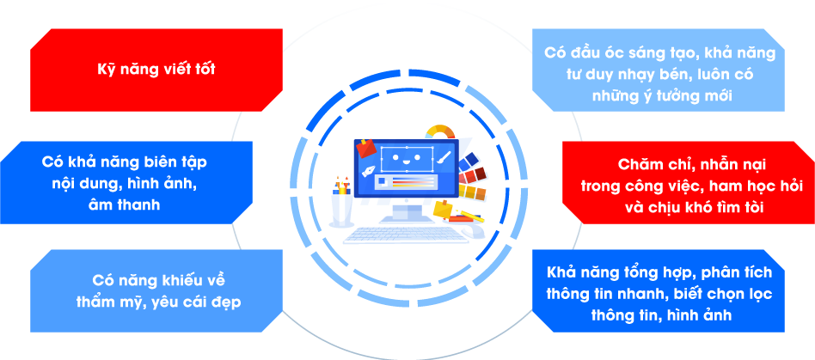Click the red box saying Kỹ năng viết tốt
pyautogui.click(x=156, y=70)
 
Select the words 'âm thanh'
pyautogui.click(x=124, y=204)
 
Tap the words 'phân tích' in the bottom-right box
pyautogui.click(x=736, y=273)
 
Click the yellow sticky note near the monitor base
pyautogui.click(x=442, y=209)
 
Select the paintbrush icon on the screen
pyautogui.click(x=444, y=157)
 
